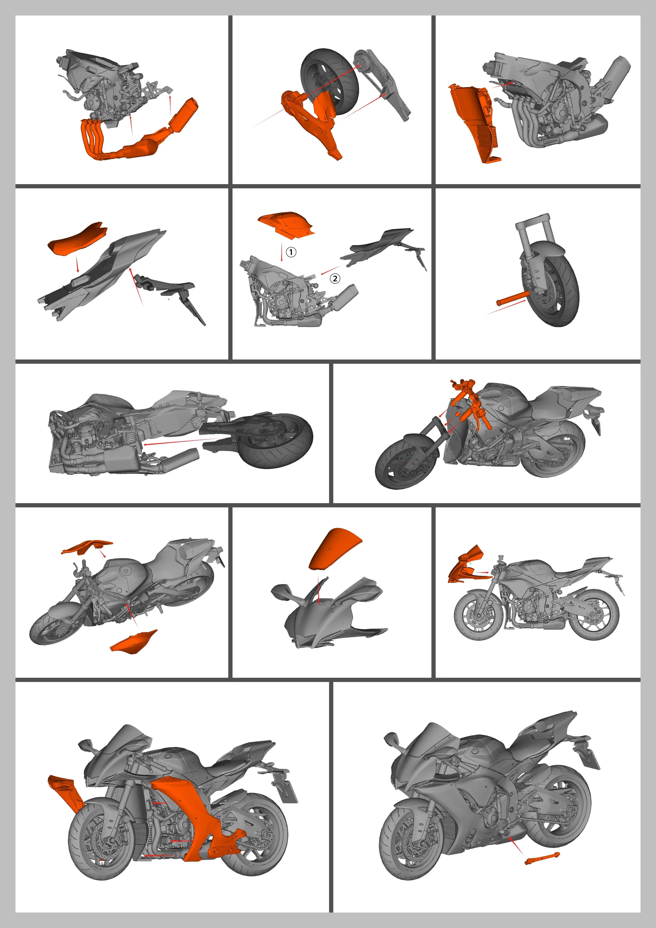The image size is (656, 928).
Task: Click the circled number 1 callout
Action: tap(291, 252)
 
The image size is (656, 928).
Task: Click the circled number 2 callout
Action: tap(335, 279)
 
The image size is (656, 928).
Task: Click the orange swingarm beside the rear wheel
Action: tap(311, 121)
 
